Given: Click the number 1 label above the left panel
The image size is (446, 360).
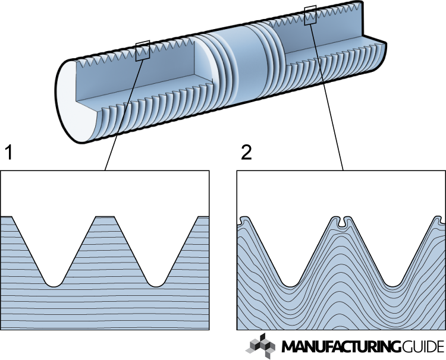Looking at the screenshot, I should [x=9, y=153].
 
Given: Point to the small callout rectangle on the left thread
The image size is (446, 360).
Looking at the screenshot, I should [x=143, y=51].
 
